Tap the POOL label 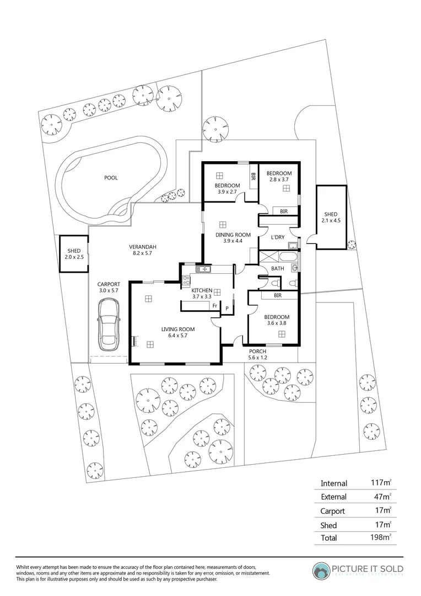point(111,178)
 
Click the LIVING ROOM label point(177,329)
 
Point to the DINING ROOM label point(233,235)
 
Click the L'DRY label point(277,237)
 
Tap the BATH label point(278,269)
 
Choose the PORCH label point(258,352)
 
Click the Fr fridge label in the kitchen point(214,305)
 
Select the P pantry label point(226,308)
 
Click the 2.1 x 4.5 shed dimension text point(331,221)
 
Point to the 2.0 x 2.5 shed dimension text point(73,258)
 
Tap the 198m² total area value point(381,537)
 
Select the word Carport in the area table point(333,510)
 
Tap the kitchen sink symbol point(203,269)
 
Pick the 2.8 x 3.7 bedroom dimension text point(280,179)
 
